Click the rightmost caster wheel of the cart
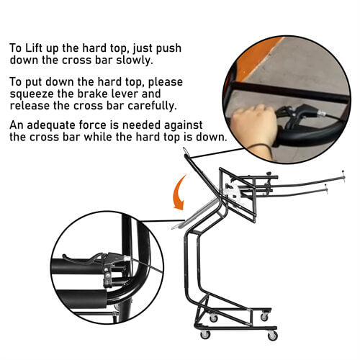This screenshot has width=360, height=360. click(272, 335)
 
